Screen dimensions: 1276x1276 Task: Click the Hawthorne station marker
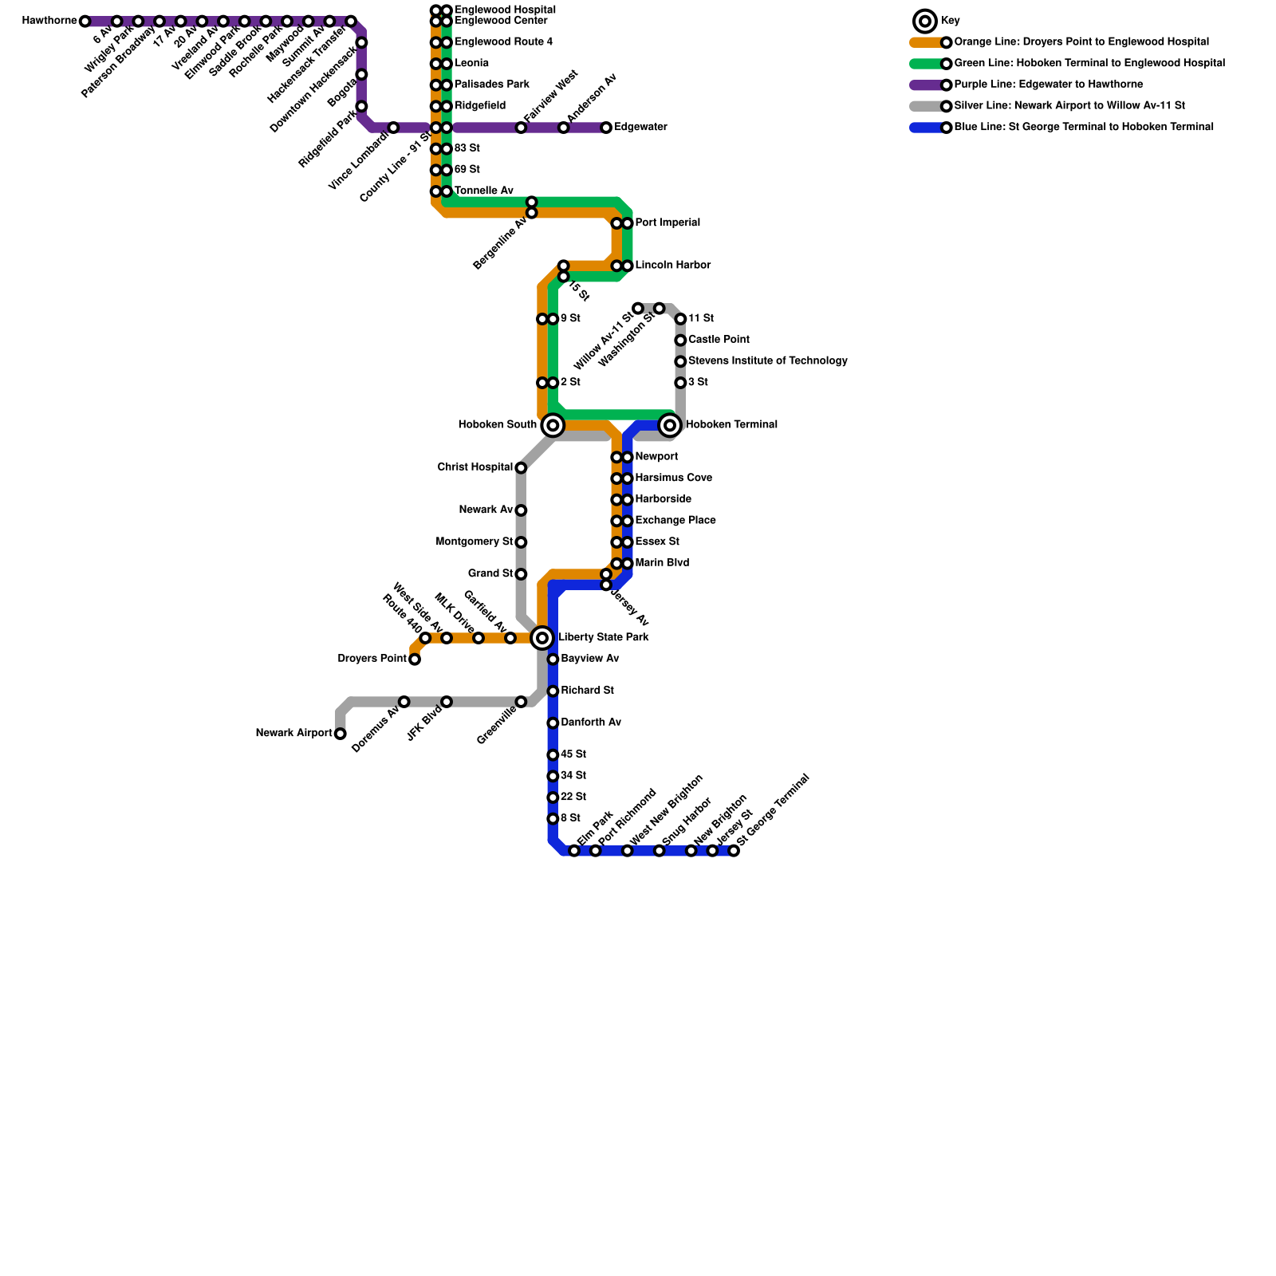(x=85, y=22)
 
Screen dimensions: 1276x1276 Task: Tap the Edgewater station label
(x=640, y=128)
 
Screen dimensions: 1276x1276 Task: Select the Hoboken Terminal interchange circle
(x=671, y=425)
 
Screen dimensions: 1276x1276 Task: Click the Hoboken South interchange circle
(x=553, y=425)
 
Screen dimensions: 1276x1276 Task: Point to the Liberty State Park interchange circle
(x=542, y=638)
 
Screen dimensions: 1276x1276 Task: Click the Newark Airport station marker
(x=341, y=734)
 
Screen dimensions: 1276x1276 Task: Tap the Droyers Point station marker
(x=415, y=660)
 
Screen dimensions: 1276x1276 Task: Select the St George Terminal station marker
(x=734, y=851)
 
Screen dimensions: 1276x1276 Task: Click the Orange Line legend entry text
(x=1081, y=42)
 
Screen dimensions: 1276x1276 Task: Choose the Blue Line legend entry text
(x=1083, y=127)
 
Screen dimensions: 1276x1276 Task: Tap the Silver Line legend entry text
(x=1069, y=106)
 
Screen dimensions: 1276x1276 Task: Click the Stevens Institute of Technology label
(x=767, y=361)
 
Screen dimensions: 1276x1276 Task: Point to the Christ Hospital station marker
(x=521, y=468)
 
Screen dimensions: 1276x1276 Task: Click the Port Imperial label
(x=668, y=223)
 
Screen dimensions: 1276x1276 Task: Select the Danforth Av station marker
(x=553, y=723)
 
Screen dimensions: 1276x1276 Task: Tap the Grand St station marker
(x=521, y=574)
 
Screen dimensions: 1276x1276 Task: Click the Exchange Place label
(x=675, y=521)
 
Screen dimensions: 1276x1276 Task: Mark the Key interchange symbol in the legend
(x=925, y=22)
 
